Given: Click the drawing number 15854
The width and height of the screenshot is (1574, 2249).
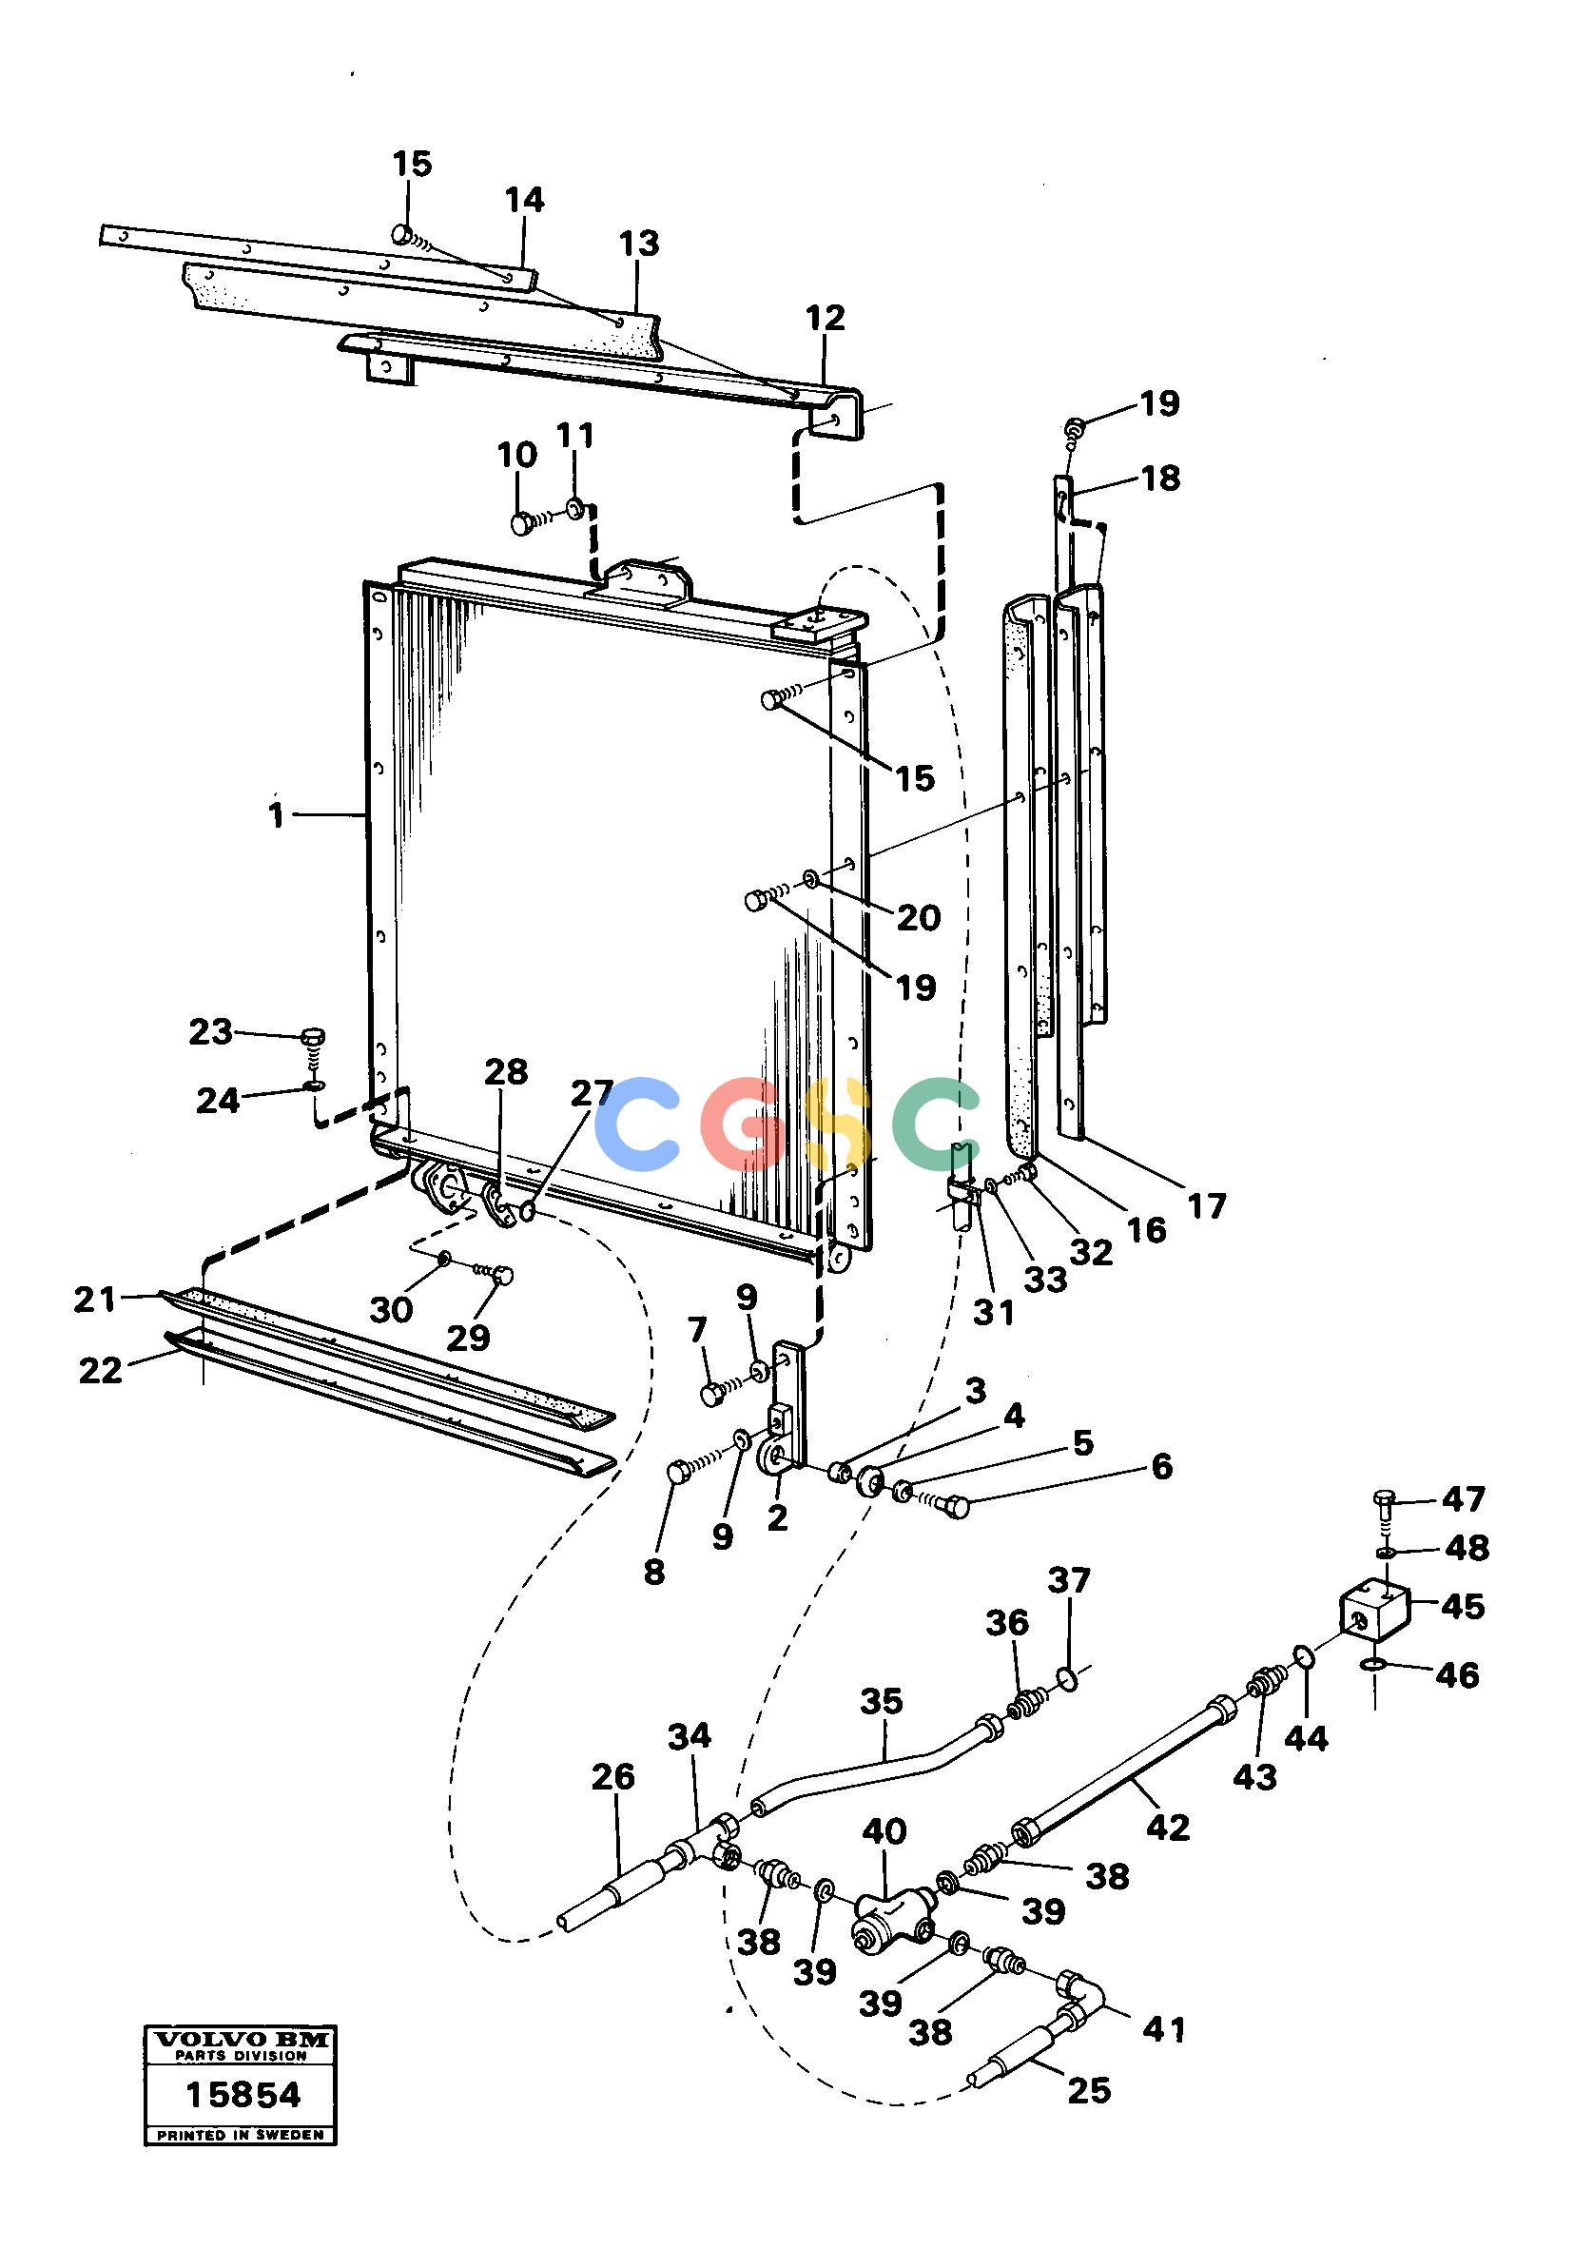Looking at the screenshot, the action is [x=243, y=2095].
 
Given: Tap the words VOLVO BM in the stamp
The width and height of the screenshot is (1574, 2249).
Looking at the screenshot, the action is [x=240, y=2041].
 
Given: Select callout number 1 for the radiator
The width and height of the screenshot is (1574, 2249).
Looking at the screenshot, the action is [x=277, y=814].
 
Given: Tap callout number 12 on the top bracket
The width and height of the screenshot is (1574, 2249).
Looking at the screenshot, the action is [x=826, y=318].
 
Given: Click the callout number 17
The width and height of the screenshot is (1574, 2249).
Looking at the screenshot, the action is [x=1207, y=1205].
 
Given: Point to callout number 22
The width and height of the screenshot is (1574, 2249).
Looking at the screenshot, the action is [x=101, y=1370].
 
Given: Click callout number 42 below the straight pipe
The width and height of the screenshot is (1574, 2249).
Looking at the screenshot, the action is [x=1168, y=1827].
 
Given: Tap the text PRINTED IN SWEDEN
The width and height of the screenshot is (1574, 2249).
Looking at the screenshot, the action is [x=240, y=2135].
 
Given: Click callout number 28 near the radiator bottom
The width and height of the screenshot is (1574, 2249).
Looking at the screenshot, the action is [x=506, y=1071].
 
